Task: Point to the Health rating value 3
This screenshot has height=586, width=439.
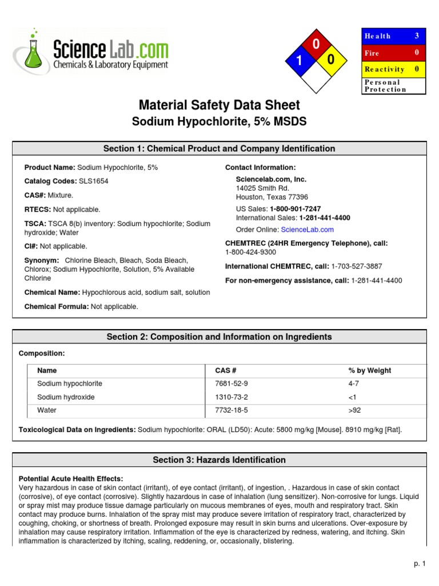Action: tap(417, 36)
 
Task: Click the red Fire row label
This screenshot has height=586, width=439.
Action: tap(372, 53)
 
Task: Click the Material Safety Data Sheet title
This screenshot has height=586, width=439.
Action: tap(219, 105)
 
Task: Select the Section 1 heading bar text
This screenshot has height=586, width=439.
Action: tap(219, 149)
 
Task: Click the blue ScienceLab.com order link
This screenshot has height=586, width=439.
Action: tap(307, 229)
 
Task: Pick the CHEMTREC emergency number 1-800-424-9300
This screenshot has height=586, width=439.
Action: tap(250, 252)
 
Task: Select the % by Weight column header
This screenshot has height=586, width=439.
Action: tap(369, 371)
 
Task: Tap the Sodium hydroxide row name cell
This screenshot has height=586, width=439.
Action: tap(66, 397)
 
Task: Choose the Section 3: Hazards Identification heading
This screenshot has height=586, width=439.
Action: tap(219, 460)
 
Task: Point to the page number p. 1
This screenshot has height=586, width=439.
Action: tap(420, 564)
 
